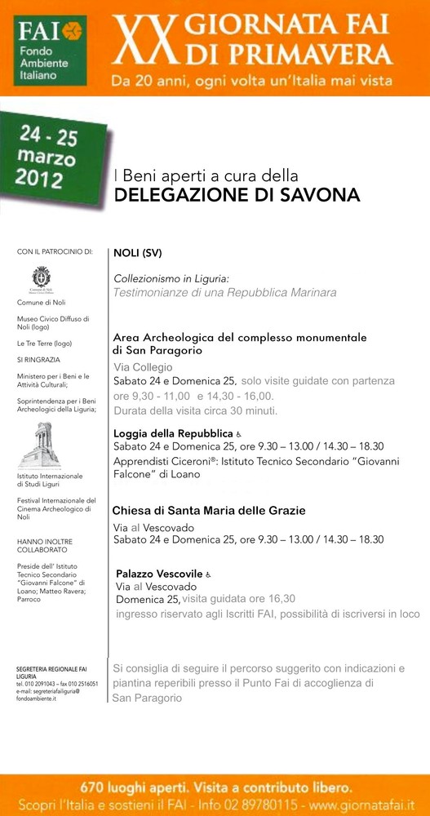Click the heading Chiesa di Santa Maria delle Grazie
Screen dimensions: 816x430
[209, 511]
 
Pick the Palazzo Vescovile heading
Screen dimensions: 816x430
[159, 574]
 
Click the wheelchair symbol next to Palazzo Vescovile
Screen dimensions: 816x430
[208, 574]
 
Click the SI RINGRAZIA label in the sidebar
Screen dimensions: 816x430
[38, 360]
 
